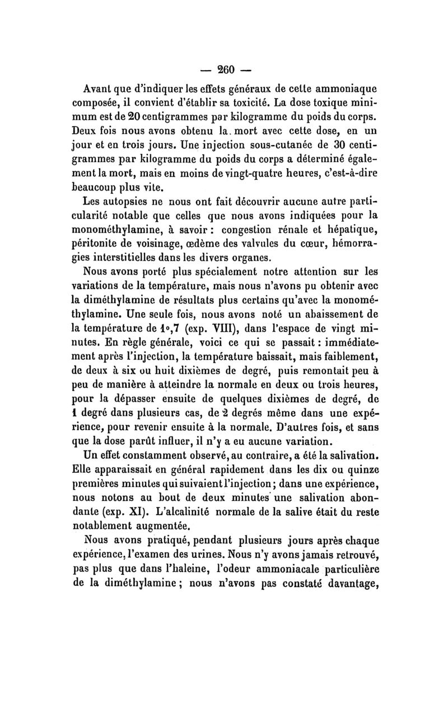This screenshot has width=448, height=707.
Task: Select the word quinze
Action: point(357,463)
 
